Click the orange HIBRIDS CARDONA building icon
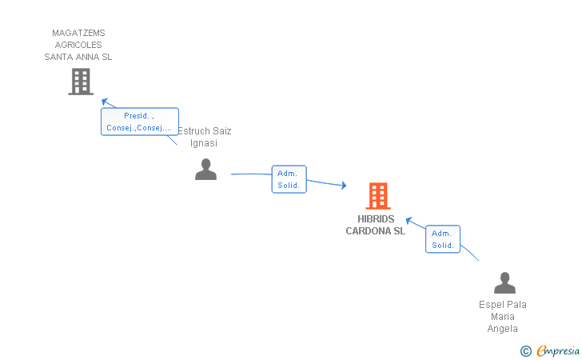click(378, 196)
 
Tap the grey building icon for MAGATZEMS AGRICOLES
click(81, 82)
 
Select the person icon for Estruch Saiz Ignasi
click(205, 170)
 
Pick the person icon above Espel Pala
click(504, 282)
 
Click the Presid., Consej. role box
click(140, 122)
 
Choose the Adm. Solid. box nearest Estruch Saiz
click(289, 179)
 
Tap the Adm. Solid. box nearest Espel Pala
click(443, 239)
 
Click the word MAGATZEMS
click(78, 33)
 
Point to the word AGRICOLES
click(78, 45)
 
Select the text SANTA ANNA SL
click(78, 57)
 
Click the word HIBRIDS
click(376, 219)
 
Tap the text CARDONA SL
click(375, 231)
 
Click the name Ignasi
click(204, 143)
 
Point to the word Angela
click(503, 329)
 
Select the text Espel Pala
click(503, 305)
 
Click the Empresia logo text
click(558, 351)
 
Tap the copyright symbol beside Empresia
click(526, 351)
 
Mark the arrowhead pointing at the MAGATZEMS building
click(105, 102)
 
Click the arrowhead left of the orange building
click(344, 185)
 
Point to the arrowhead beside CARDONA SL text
click(409, 221)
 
